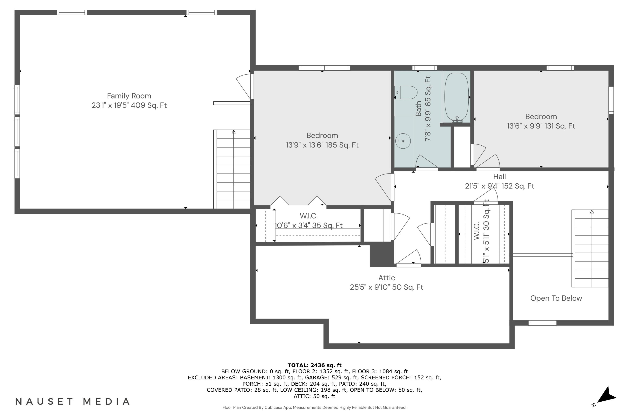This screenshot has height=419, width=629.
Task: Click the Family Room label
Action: tap(129, 96)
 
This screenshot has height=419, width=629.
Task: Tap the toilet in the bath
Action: tap(406, 92)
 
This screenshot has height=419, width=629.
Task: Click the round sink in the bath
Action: tap(403, 141)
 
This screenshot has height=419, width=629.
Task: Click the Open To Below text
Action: tap(556, 298)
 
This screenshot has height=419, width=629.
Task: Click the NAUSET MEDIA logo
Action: tap(73, 401)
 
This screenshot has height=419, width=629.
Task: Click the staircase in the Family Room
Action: tap(232, 169)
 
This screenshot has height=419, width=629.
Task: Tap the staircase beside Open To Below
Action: tap(590, 248)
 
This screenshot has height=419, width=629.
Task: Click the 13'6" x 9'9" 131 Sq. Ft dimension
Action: tap(541, 126)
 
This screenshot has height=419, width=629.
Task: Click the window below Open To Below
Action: tap(542, 323)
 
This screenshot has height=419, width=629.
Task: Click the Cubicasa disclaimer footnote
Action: tap(314, 407)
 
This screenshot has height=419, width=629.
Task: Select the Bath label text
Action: tap(418, 109)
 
